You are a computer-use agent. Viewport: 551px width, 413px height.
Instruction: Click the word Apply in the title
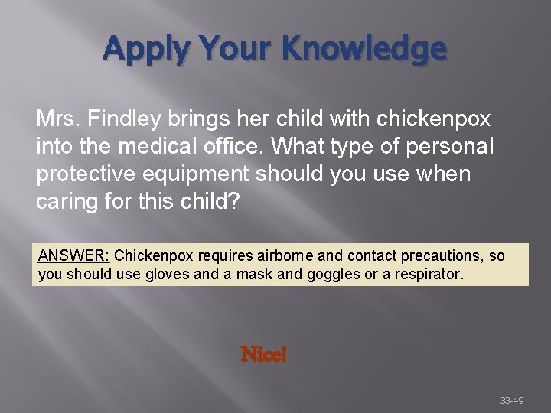click(x=145, y=48)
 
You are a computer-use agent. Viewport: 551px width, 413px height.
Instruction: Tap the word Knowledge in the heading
click(x=363, y=48)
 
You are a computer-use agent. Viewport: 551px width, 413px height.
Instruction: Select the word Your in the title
click(x=233, y=48)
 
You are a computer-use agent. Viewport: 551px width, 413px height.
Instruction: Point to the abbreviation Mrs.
click(x=58, y=119)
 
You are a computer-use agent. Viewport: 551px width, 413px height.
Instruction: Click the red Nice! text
click(x=263, y=354)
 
